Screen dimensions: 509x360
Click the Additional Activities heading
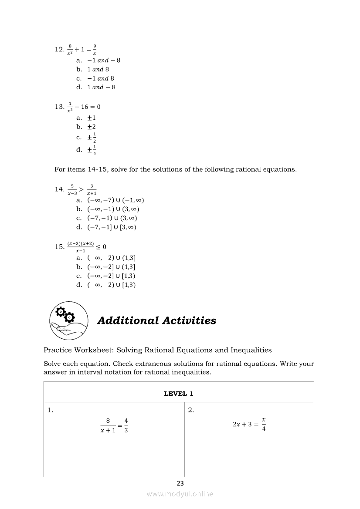point(156,321)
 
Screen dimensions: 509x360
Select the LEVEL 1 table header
point(179,394)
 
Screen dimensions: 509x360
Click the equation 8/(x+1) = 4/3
point(114,426)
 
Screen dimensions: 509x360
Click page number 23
point(180,483)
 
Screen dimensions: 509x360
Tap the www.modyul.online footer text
point(180,494)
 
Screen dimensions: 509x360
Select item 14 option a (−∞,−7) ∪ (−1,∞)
point(115,200)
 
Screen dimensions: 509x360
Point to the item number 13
point(59,107)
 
